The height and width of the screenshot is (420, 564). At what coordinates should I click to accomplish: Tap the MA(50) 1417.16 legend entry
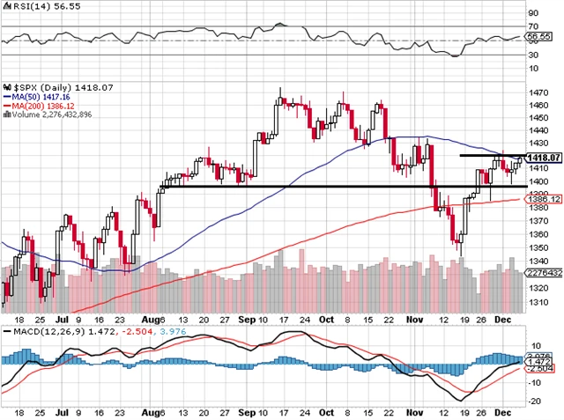(34, 97)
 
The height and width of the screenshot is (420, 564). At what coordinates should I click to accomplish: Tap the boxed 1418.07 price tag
(542, 158)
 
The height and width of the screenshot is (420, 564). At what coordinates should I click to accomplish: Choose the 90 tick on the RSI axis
(532, 14)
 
